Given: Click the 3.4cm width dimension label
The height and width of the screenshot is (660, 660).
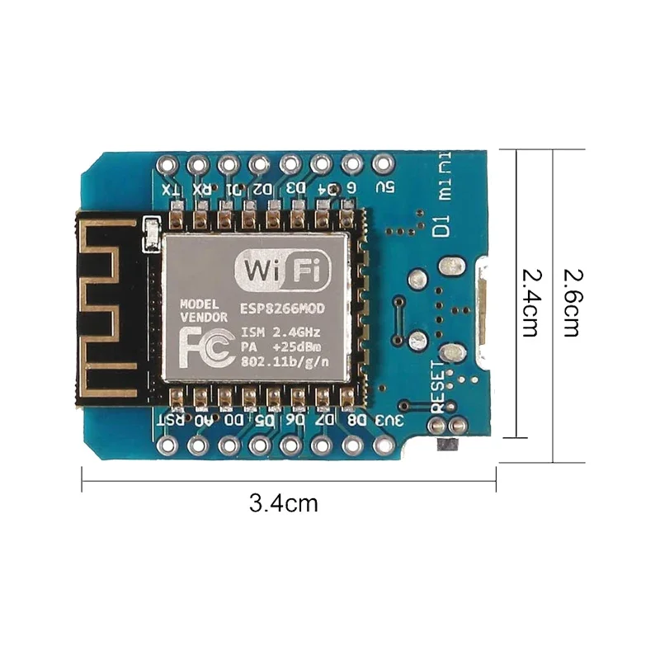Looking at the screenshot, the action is coord(283,502).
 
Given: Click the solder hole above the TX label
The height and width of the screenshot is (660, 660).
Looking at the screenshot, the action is coord(170,164).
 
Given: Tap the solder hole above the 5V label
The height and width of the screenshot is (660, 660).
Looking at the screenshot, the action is coord(381,164).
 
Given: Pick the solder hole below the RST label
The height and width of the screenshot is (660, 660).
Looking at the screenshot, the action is coord(170,446).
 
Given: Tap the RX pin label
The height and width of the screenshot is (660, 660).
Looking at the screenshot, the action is coord(201,189).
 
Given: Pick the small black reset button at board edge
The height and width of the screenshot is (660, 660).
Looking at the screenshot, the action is coord(446,445).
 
